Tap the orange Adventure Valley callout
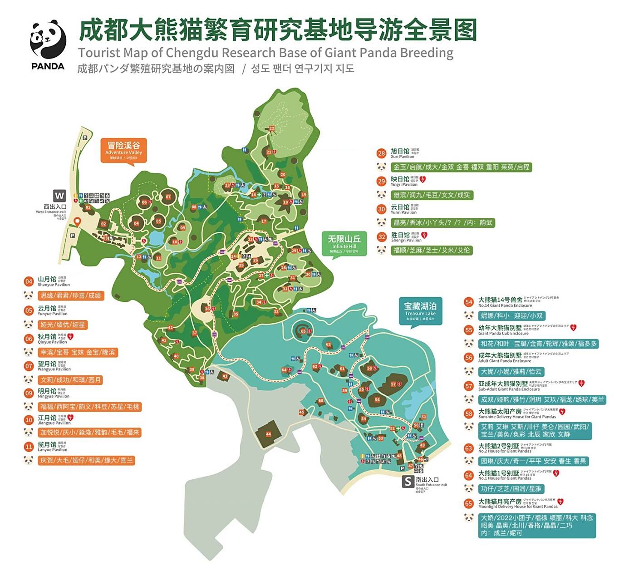click(123, 150)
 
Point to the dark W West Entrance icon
click(59, 196)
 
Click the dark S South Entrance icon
click(408, 481)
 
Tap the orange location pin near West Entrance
click(78, 222)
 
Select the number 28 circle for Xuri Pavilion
click(381, 153)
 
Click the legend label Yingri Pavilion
click(404, 185)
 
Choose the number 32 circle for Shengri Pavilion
click(381, 237)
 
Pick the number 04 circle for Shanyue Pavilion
click(29, 281)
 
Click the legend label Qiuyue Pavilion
click(52, 342)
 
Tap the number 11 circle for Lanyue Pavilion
click(29, 447)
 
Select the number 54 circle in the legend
click(468, 302)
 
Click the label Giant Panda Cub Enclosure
click(503, 333)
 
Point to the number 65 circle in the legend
click(468, 503)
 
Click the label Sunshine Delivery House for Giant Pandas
click(517, 417)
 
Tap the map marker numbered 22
click(271, 128)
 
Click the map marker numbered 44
click(268, 434)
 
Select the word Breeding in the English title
click(427, 53)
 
